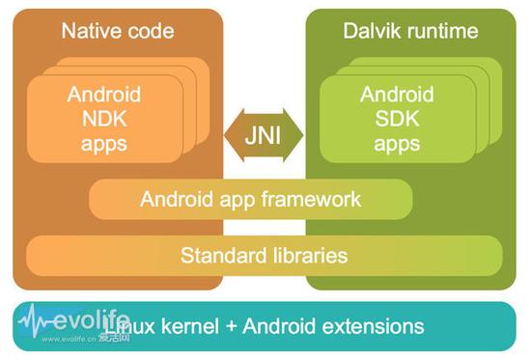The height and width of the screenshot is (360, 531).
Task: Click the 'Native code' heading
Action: point(117,31)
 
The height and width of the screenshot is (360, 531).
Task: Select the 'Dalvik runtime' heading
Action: point(410,31)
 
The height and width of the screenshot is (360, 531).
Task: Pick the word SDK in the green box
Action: point(396,120)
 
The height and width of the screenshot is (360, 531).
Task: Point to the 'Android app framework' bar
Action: point(250,200)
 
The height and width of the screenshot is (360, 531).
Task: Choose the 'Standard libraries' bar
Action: point(264,256)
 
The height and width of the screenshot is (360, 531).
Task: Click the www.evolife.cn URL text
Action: point(66,339)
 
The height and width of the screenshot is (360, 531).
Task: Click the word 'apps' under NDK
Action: point(103,145)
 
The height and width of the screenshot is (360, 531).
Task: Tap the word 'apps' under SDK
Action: point(396,145)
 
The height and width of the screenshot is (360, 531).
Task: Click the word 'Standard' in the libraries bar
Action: point(219,256)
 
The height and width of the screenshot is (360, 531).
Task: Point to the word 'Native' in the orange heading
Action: point(88,31)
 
